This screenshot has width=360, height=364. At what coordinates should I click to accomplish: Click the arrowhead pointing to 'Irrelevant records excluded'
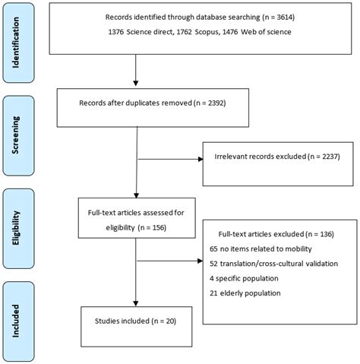tap(199, 160)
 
